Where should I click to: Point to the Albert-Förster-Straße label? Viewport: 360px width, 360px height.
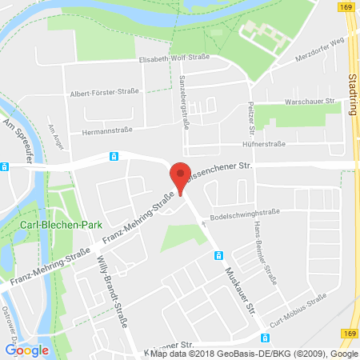(104, 92)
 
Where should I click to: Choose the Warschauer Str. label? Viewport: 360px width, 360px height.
(316, 102)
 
